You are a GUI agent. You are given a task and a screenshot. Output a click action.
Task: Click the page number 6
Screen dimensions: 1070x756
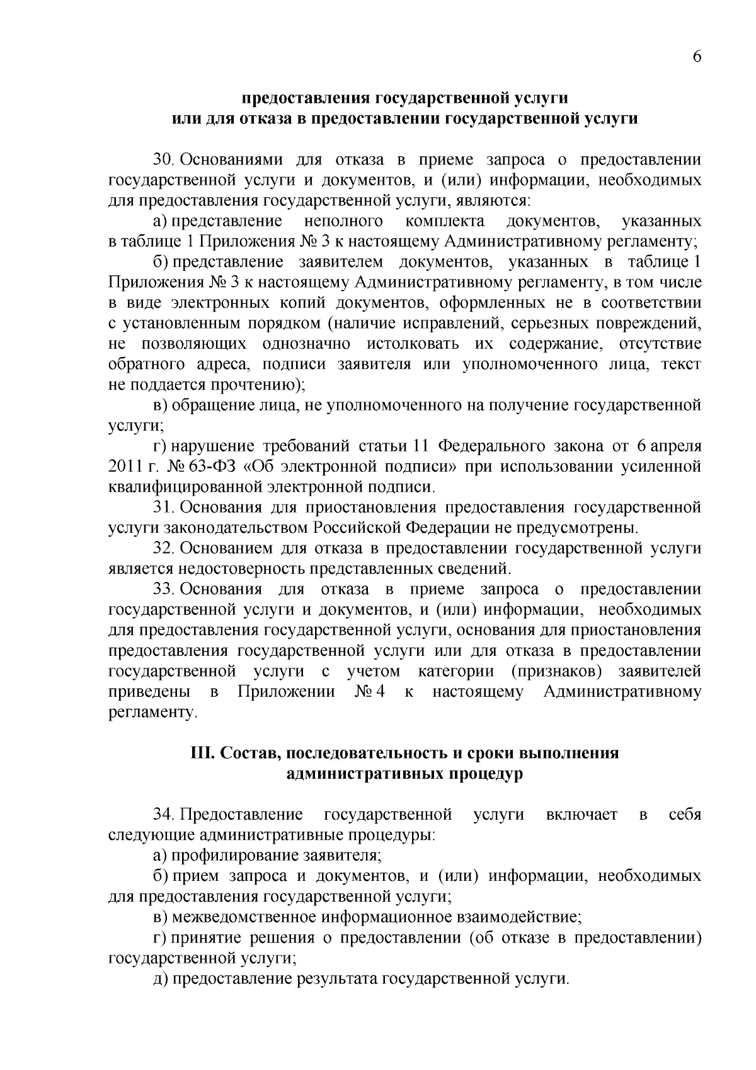(x=697, y=57)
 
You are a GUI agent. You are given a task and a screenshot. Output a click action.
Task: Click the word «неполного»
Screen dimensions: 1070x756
(x=343, y=221)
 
